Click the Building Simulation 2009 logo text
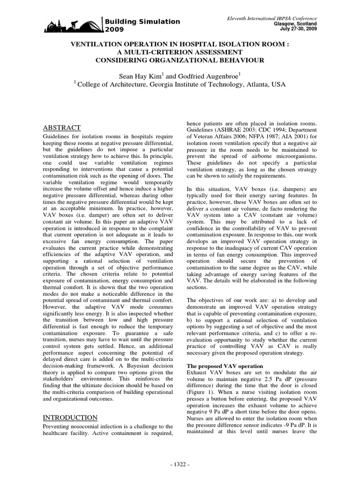click(142, 25)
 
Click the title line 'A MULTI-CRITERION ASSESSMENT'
click(180, 52)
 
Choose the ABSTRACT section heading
click(62, 127)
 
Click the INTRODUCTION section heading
click(70, 418)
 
